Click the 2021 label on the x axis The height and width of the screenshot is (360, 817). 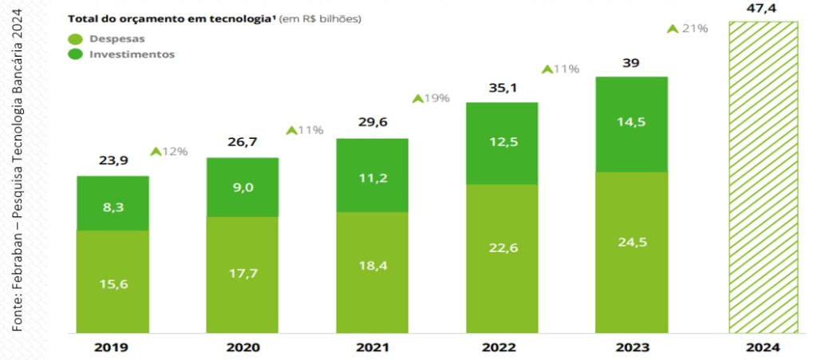372,348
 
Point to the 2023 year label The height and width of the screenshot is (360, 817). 631,348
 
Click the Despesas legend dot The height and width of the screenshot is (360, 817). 76,38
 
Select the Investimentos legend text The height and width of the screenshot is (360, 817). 132,54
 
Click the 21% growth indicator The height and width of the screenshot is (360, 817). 688,29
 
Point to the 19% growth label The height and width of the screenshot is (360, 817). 431,99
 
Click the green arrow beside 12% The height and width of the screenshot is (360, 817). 156,151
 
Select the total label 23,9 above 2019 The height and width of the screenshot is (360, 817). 112,160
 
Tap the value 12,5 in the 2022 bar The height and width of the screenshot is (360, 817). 502,143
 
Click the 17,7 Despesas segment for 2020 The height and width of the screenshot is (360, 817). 243,274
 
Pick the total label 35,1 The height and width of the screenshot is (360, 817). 502,88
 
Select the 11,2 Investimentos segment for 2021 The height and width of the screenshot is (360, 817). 372,176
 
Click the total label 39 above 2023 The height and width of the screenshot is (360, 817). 631,62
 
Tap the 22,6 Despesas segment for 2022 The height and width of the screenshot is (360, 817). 502,248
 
